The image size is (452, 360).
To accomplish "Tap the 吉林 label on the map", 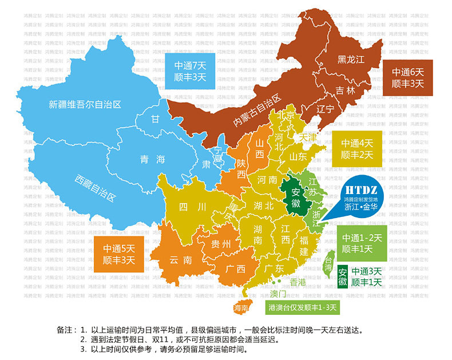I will pos(346,90).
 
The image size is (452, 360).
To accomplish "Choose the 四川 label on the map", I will pos(189,207).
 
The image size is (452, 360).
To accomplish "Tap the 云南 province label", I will pos(181,260).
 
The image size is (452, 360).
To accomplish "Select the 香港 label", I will pos(298,282).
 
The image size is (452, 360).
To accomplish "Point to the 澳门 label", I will pos(279,294).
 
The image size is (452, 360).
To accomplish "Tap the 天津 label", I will pos(308,138).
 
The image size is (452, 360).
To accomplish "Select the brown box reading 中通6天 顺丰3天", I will pos(407,78).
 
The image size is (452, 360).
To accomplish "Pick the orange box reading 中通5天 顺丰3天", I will pos(119,254).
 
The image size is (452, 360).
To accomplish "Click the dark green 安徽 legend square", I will pos(342,277).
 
